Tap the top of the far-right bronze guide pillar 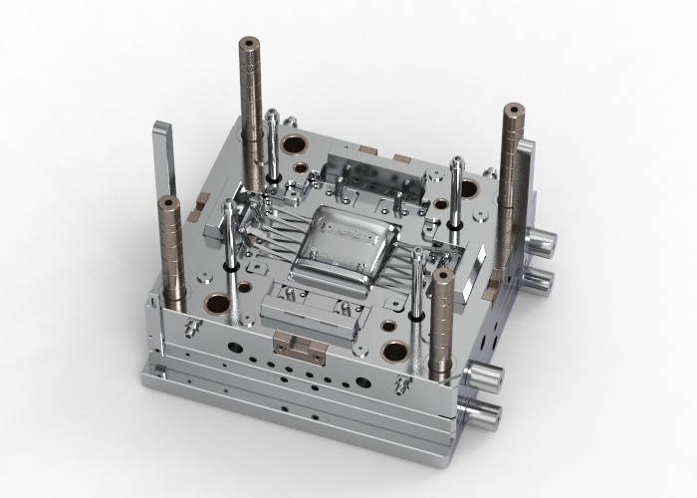point(514,110)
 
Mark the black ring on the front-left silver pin point(231,267)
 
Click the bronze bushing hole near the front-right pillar point(396,351)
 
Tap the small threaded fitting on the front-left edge point(191,326)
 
